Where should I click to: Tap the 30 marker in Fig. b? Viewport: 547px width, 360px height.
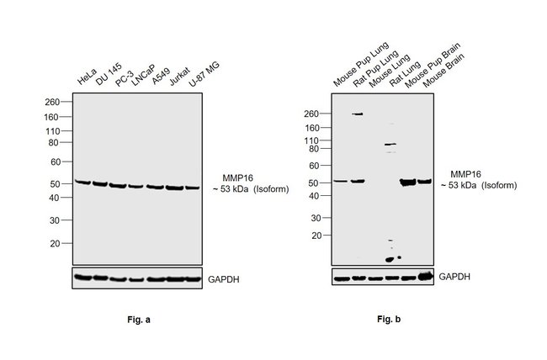pos(317,218)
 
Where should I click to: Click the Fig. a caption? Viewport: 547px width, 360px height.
pos(135,320)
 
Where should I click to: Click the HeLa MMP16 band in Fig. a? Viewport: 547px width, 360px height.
pos(82,182)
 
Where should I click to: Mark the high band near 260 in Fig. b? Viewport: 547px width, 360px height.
pos(358,114)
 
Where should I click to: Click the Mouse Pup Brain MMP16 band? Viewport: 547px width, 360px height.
pos(408,182)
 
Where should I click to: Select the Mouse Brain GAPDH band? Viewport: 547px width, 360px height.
pos(424,277)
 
